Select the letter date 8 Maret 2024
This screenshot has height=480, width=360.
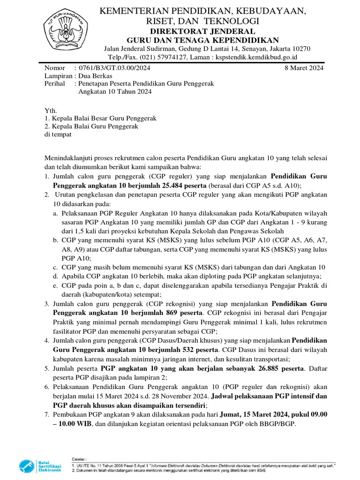click(304, 68)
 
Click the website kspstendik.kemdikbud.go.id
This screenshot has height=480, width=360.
click(256, 57)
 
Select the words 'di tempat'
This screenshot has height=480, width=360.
click(58, 135)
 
